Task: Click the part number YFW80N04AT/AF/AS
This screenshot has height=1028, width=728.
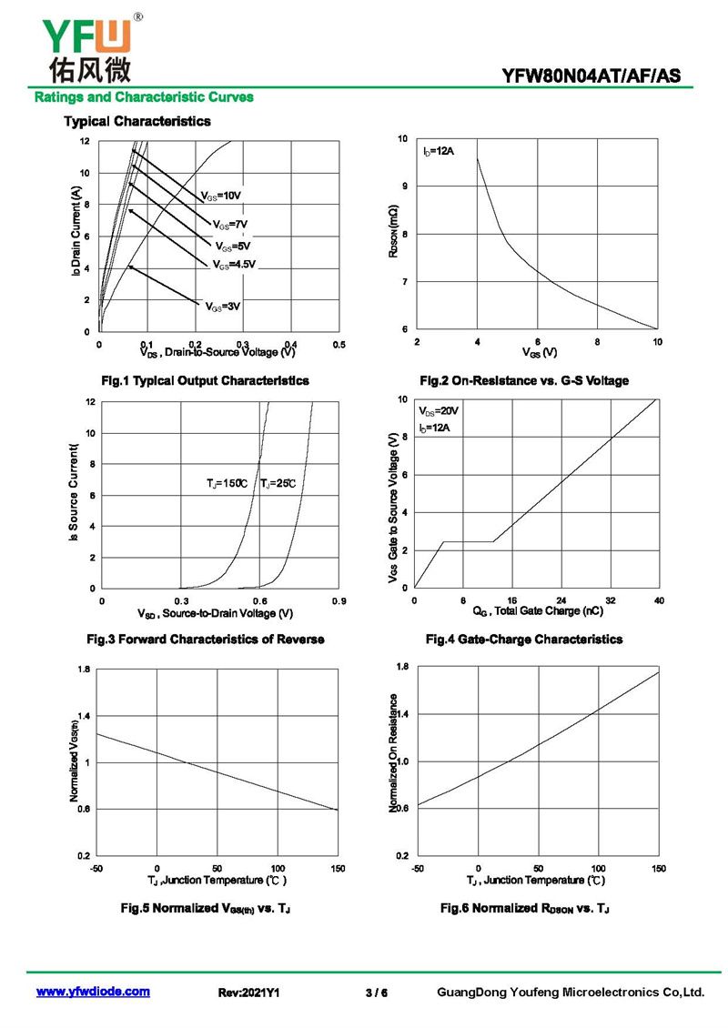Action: click(591, 76)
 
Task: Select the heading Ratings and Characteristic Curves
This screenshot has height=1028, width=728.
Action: click(144, 97)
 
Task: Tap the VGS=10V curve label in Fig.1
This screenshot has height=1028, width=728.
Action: click(221, 196)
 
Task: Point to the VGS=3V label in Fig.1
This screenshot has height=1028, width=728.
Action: click(223, 307)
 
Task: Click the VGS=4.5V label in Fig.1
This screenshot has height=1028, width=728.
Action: click(234, 265)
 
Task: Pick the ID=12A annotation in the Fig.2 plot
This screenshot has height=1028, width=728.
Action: click(438, 151)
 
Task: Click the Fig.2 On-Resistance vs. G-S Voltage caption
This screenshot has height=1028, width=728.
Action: click(524, 381)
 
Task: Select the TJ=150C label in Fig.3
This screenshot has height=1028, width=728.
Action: click(227, 484)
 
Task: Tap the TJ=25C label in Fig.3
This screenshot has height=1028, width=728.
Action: click(278, 484)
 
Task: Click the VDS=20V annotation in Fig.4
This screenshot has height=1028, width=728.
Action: click(438, 411)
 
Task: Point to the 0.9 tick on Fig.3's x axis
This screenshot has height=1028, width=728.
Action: click(339, 601)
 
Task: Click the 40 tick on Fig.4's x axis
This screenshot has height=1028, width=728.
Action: click(659, 600)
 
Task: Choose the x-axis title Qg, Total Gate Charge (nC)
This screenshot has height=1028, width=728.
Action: click(538, 611)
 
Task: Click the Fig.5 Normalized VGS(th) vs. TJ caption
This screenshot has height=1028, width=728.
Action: click(206, 908)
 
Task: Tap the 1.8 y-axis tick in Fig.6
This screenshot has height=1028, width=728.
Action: click(403, 667)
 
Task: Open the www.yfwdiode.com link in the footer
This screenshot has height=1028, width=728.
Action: click(93, 992)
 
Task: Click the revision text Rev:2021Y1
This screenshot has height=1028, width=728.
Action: click(248, 993)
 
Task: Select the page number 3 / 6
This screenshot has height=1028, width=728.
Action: click(377, 993)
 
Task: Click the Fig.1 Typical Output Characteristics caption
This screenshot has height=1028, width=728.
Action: click(206, 381)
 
